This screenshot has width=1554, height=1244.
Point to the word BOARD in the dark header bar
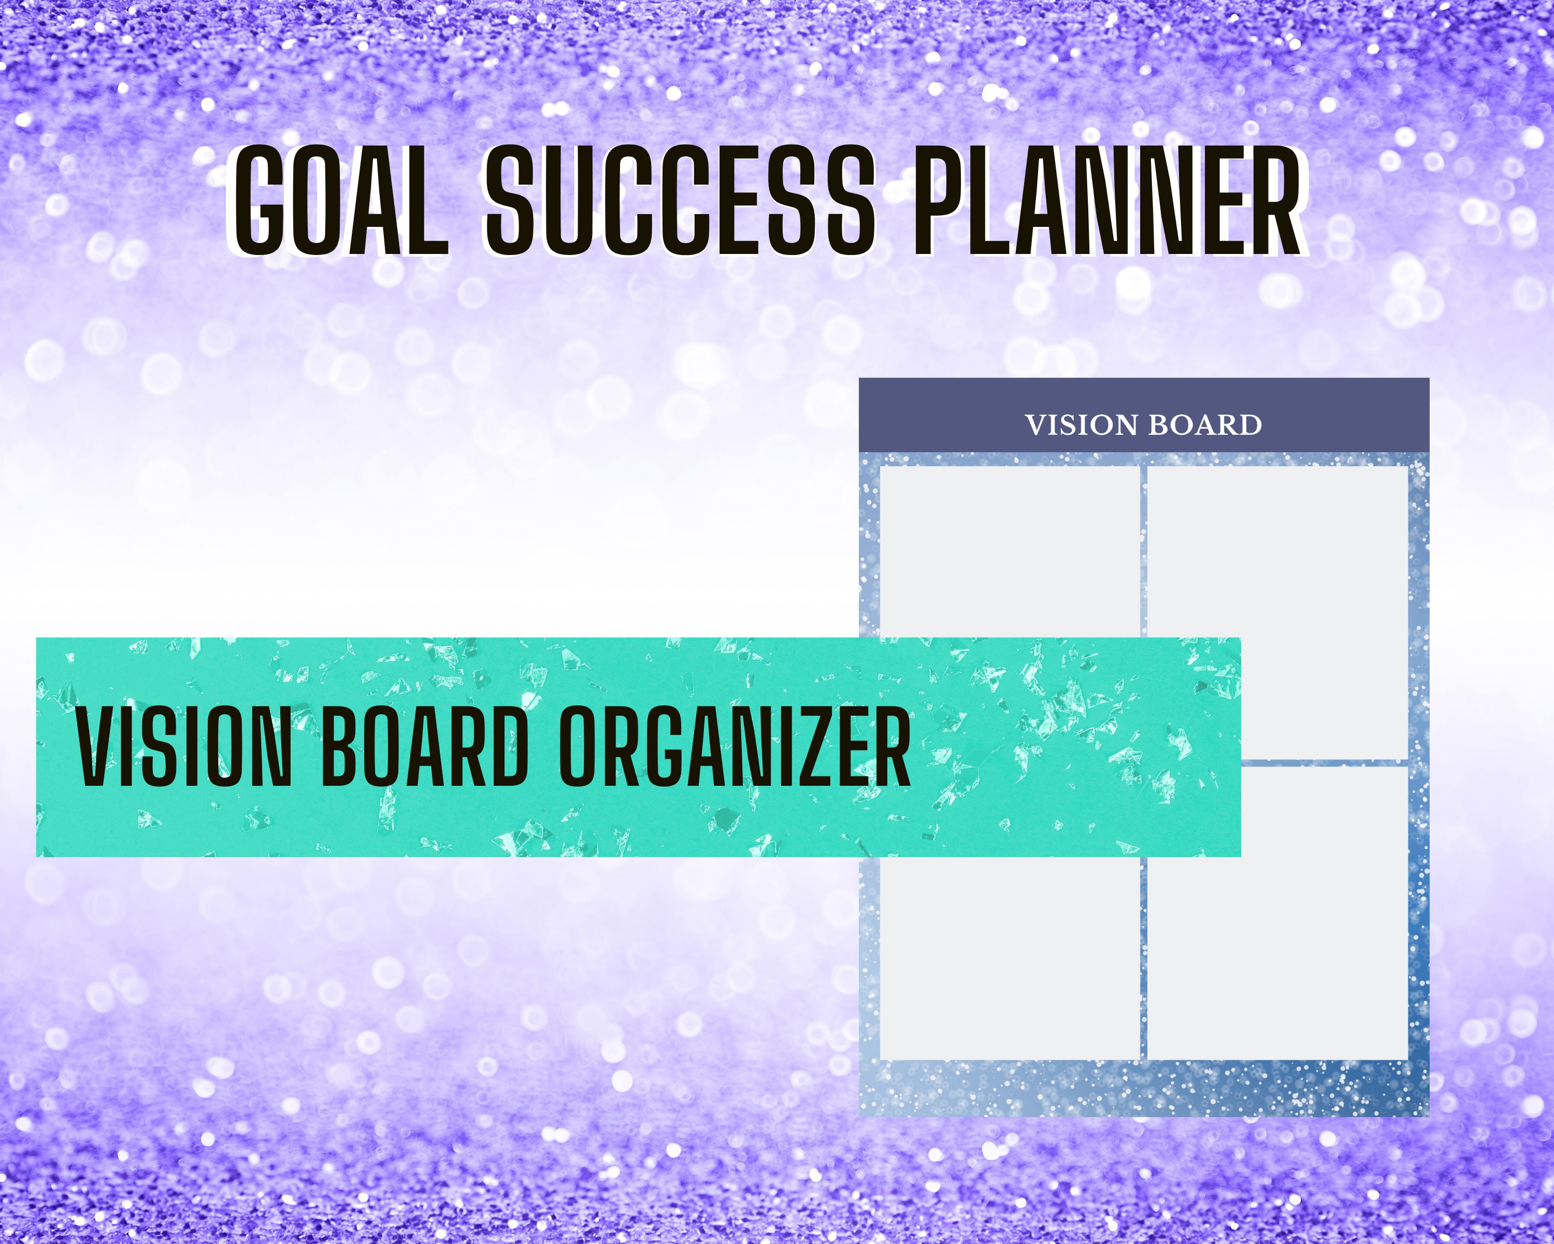click(x=1204, y=426)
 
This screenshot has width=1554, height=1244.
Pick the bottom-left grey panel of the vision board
click(x=1009, y=959)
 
